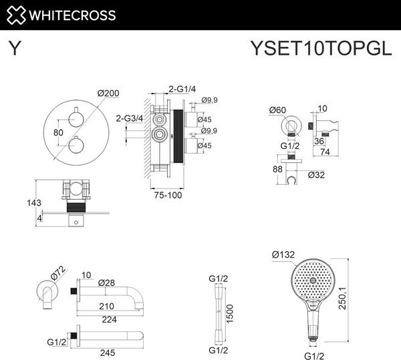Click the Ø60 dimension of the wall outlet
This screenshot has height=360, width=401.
278,110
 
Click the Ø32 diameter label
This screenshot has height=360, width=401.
317,176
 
